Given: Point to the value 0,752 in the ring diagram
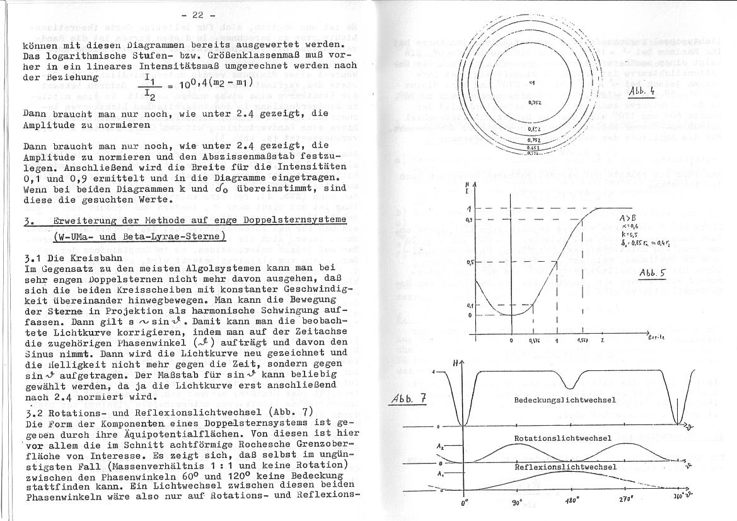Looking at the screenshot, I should pyautogui.click(x=533, y=139).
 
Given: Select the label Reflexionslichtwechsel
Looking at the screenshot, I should pyautogui.click(x=565, y=467).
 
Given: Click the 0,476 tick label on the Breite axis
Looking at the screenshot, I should pyautogui.click(x=533, y=341).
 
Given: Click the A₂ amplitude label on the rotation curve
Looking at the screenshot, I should pyautogui.click(x=441, y=445).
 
